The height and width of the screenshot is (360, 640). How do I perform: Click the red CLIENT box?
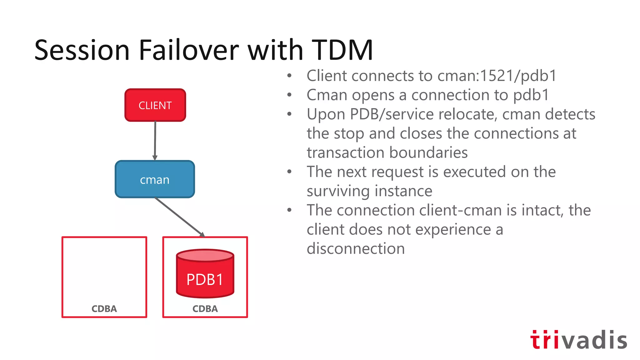pos(155,105)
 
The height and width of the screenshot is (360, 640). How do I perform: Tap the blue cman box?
pos(155,179)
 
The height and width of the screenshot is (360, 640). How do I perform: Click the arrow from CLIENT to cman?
pos(155,141)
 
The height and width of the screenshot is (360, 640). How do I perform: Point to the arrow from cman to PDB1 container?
pos(180,217)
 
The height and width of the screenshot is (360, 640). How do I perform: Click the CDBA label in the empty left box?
pos(104,309)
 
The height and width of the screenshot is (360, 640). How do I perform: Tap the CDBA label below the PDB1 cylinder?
pos(205,309)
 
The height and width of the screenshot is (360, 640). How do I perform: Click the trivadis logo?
pos(578,340)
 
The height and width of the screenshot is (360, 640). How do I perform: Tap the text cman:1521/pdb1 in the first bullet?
pos(497,76)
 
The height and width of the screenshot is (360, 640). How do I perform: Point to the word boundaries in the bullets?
pos(428,153)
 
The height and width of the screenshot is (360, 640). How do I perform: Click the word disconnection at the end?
pos(356,249)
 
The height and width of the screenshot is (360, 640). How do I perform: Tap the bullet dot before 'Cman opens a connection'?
pos(289,95)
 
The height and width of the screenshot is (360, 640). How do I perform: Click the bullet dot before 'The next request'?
pos(289,172)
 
